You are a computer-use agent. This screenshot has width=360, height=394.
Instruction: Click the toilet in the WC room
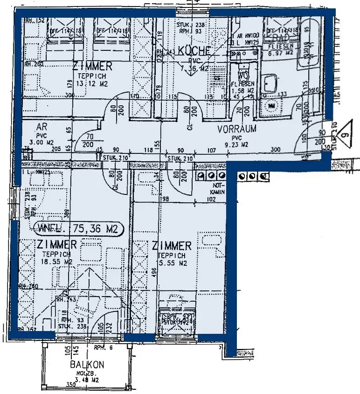[242, 75]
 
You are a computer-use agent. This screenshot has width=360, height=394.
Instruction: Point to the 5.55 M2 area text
[173, 263]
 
